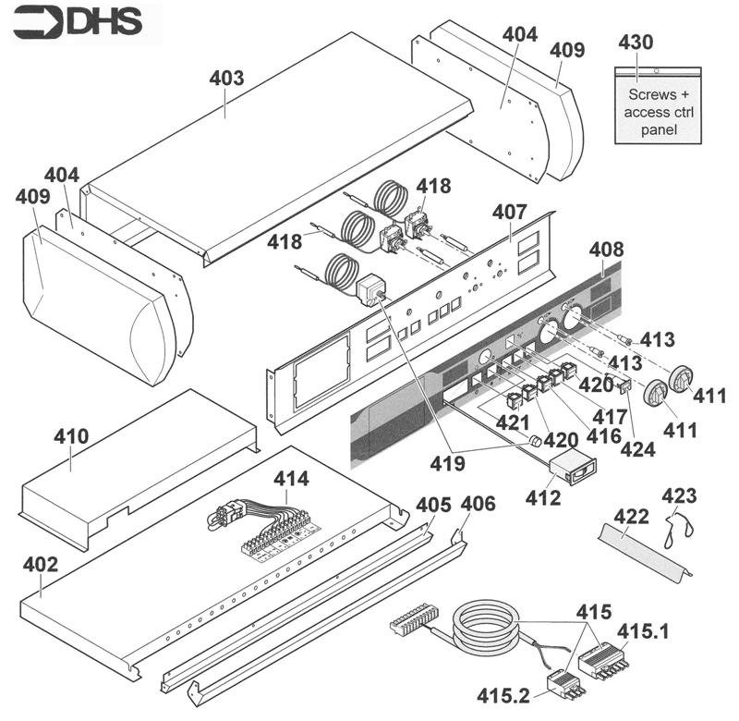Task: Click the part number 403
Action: (226, 79)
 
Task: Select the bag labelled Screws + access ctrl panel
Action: (660, 106)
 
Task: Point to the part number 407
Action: (509, 213)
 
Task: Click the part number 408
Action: (606, 250)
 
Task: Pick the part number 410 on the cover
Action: (71, 436)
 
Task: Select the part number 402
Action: (40, 563)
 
